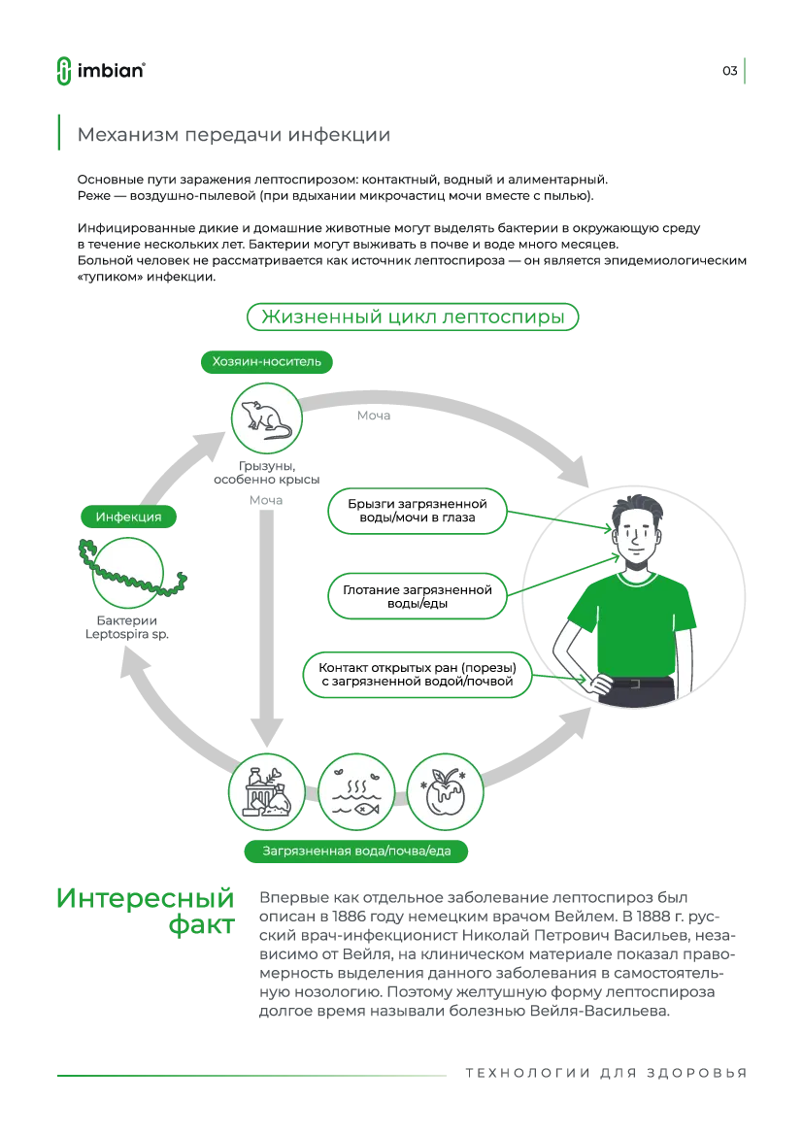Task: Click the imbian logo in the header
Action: (x=101, y=70)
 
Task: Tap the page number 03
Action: (x=730, y=71)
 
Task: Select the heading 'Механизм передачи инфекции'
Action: (x=234, y=135)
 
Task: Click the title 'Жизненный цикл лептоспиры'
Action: (x=413, y=317)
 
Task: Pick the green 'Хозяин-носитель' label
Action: (x=266, y=362)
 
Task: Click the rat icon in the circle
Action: (x=266, y=419)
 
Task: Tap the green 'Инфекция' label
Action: (x=128, y=517)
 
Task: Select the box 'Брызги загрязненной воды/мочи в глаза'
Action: (x=418, y=511)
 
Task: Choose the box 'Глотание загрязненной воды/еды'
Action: (x=418, y=596)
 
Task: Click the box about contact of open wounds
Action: (x=418, y=675)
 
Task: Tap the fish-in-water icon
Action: (x=356, y=792)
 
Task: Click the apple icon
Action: (x=445, y=792)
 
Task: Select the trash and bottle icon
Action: (x=267, y=792)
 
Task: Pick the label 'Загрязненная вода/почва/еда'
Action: (x=356, y=851)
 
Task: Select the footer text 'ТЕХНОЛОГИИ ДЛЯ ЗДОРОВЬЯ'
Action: (x=606, y=1073)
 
